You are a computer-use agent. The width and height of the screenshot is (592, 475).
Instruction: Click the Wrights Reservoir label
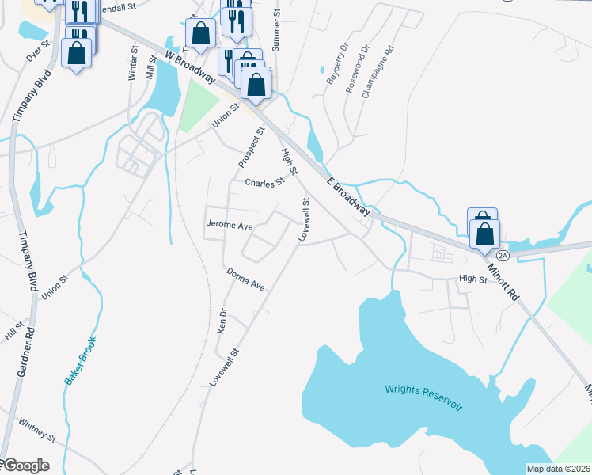pos(423,396)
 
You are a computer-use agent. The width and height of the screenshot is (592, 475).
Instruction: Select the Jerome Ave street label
pos(229,226)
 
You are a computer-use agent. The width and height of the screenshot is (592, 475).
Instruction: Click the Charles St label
pos(264,183)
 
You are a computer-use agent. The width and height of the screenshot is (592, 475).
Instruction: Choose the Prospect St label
pos(251,146)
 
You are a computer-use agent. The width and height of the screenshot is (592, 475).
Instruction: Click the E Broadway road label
pos(349,194)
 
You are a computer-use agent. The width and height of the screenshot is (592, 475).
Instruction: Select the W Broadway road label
pos(190,66)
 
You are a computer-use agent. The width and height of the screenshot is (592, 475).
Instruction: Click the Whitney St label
pos(37,431)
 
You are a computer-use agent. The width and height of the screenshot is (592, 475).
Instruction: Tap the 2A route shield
pos(502,255)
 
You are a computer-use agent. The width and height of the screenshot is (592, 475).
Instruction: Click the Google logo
pos(25,465)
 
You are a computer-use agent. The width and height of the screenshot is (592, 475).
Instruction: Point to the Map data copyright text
pos(557,469)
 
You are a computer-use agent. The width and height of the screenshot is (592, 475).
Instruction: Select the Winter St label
pos(132,63)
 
